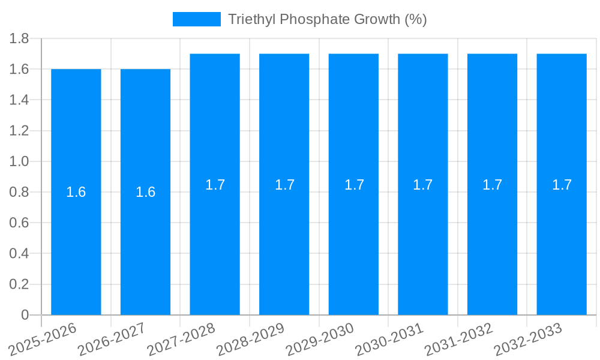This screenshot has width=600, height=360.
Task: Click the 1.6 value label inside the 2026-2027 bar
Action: tap(145, 192)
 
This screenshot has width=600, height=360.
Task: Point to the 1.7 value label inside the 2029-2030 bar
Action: tap(354, 185)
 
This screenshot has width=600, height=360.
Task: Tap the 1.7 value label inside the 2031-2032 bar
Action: tap(493, 185)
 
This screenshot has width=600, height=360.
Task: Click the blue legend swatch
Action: tap(196, 19)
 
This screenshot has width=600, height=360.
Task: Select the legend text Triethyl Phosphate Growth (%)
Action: tap(327, 19)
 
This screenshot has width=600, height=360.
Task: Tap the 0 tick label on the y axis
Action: tap(25, 315)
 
